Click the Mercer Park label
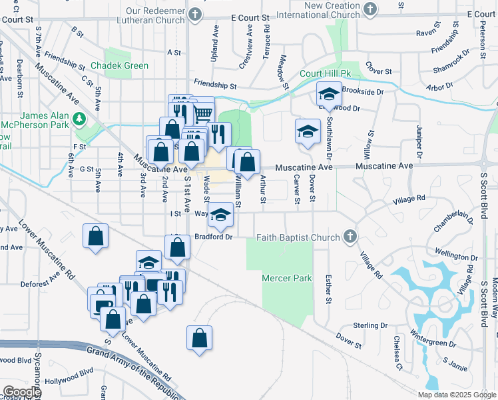[287, 277]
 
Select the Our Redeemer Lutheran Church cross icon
[194, 14]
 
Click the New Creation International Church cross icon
[371, 10]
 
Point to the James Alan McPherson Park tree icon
[80, 119]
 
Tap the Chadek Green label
[119, 66]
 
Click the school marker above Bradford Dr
[221, 216]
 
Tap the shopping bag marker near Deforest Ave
[95, 236]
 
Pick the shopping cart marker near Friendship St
[202, 111]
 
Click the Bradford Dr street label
[213, 237]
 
